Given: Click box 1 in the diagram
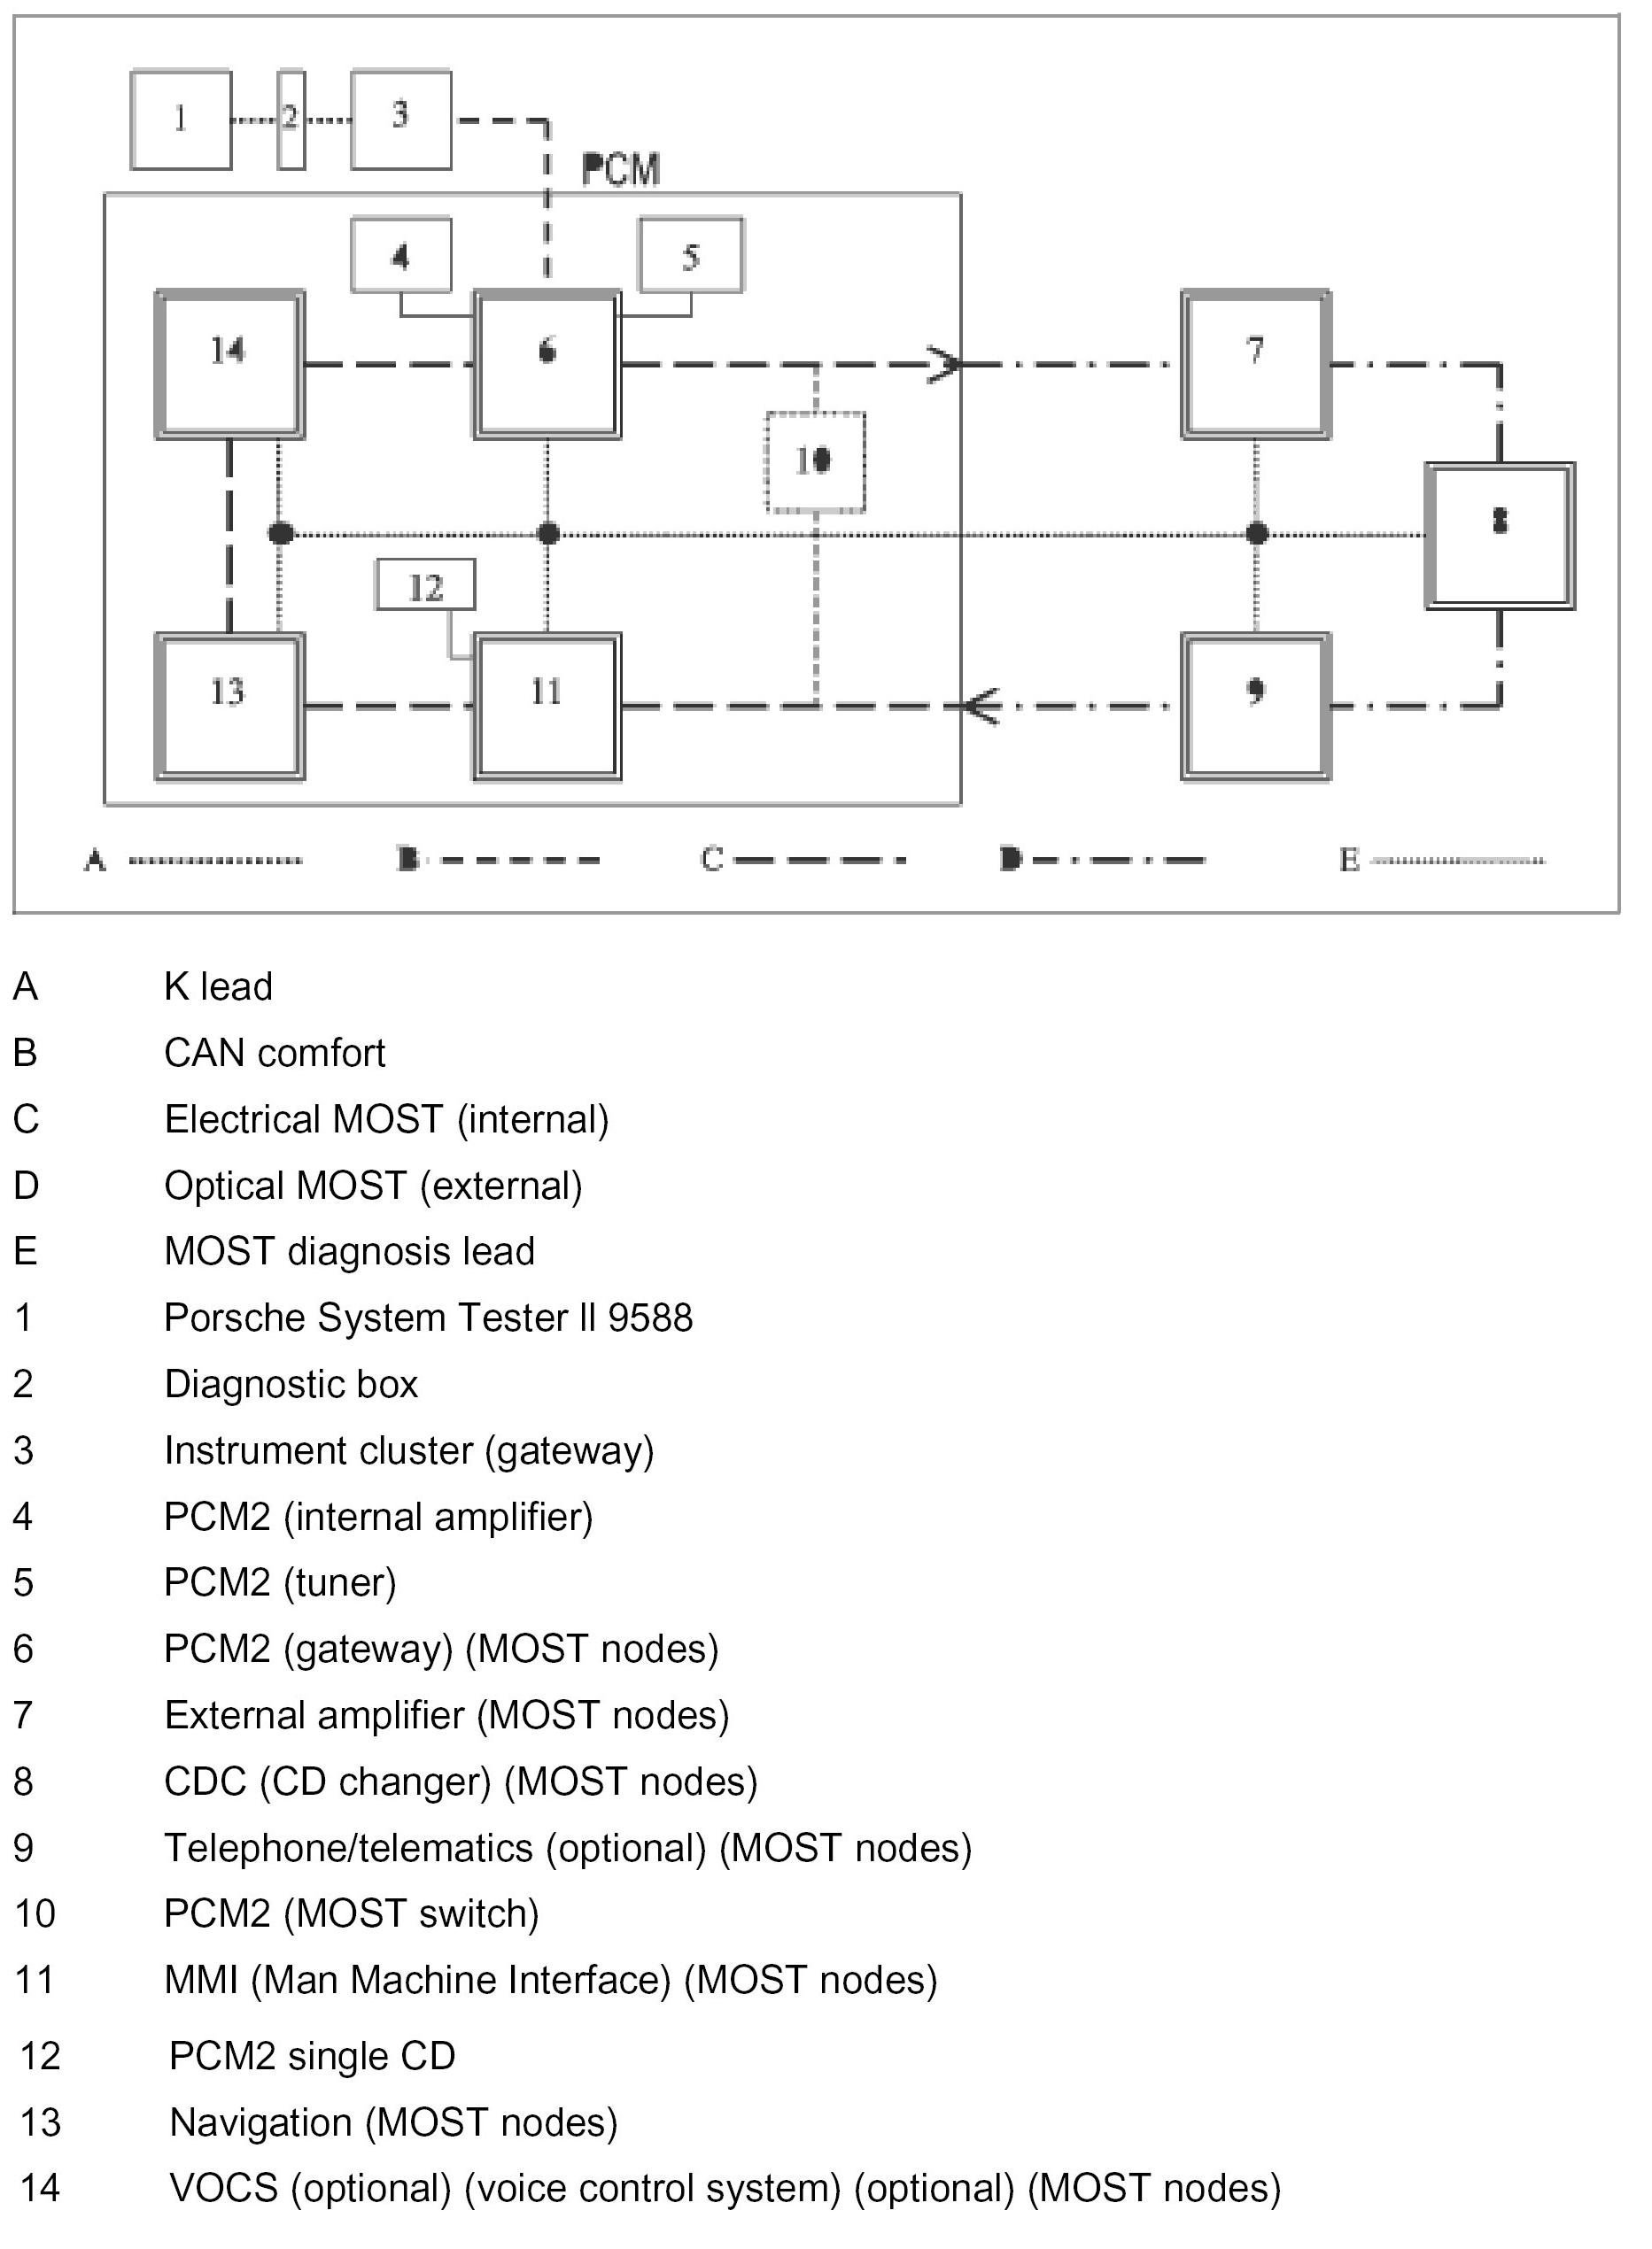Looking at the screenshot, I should [181, 120].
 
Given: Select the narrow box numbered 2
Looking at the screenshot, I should [291, 120].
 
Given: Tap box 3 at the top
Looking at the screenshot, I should [401, 120].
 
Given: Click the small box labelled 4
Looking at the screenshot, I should [401, 256].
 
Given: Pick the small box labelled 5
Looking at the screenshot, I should [691, 256].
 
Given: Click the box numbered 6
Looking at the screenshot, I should [547, 365].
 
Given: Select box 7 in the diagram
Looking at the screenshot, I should [1256, 365].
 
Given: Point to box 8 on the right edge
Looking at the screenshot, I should [1499, 536].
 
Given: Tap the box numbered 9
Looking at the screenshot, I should [1256, 706].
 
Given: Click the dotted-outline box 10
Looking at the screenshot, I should [815, 462].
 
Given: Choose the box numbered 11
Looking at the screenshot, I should [547, 706].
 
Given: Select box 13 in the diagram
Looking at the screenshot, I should [229, 706].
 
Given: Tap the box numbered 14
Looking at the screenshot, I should [229, 365].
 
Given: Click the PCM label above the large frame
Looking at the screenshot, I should [621, 171].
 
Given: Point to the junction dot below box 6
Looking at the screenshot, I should [548, 534].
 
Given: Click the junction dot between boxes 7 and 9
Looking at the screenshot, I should [1257, 534].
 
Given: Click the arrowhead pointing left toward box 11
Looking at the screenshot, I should [980, 707].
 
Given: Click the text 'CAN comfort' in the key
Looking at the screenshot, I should [275, 1053].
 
